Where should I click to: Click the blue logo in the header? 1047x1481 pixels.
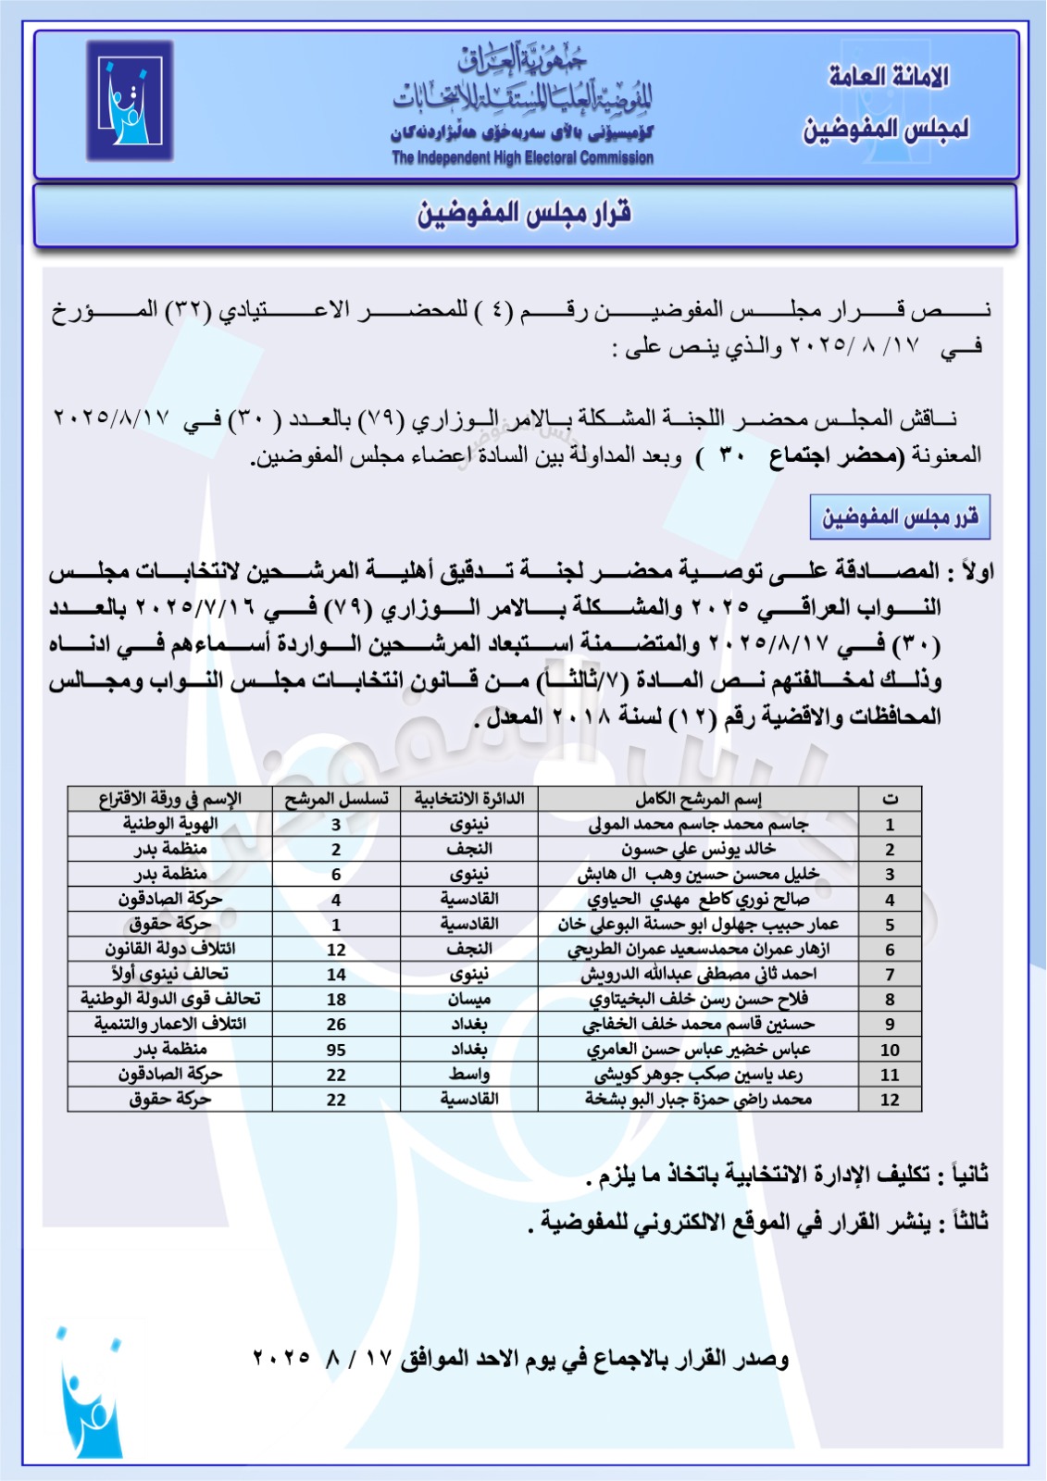130,102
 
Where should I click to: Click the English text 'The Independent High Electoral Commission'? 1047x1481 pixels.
522,157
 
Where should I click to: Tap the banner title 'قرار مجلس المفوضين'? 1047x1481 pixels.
524,215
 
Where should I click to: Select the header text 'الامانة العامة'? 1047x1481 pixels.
889,78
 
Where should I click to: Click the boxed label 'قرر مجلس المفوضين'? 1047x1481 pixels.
900,517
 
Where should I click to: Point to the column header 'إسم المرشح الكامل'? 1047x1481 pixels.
698,799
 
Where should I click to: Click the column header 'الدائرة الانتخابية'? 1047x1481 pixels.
468,799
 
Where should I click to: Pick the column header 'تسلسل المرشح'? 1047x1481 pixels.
336,799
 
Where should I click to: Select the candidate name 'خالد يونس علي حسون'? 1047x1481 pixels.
698,849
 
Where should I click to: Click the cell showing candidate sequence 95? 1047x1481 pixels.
336,1050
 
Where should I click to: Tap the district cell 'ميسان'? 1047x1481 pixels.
468,999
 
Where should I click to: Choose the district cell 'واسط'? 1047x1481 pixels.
468,1074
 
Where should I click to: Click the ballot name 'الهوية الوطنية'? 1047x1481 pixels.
170,824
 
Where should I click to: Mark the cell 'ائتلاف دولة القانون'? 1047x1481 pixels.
170,949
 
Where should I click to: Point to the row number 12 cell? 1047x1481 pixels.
890,1100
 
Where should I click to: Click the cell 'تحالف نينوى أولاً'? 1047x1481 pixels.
170,974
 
